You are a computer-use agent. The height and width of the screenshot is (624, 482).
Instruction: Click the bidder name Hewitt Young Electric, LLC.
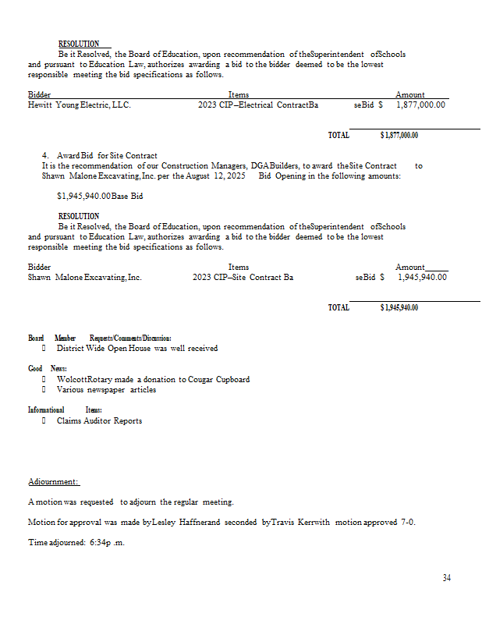click(x=79, y=105)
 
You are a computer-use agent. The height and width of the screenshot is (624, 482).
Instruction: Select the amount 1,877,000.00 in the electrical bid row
click(x=420, y=105)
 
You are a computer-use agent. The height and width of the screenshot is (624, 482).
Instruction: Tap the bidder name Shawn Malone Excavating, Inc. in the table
click(x=85, y=276)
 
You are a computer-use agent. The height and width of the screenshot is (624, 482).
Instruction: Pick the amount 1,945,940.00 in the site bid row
click(x=422, y=276)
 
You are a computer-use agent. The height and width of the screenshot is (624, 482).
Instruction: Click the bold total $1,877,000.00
click(x=399, y=136)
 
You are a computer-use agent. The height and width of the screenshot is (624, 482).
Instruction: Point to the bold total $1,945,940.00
click(x=399, y=307)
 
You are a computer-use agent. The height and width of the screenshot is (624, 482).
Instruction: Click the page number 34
click(x=446, y=578)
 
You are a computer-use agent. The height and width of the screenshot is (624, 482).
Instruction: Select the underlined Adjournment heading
click(x=53, y=482)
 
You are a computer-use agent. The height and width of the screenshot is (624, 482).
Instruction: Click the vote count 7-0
click(x=408, y=522)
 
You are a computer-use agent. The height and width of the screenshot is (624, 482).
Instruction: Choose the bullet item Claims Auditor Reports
click(x=99, y=421)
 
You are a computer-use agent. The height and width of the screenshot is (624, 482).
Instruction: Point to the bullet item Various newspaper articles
click(x=106, y=390)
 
